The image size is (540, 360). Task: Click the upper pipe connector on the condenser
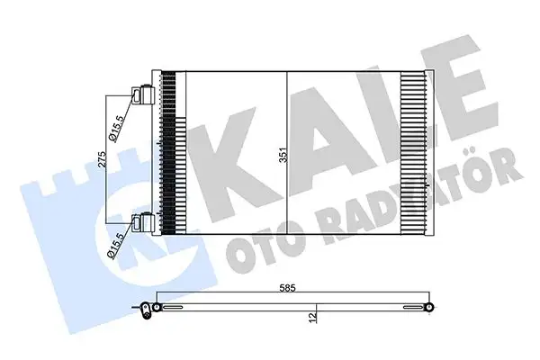pyautogui.click(x=142, y=94)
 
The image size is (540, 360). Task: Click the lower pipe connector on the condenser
pyautogui.click(x=142, y=221)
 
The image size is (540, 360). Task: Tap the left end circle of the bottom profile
pyautogui.click(x=157, y=308)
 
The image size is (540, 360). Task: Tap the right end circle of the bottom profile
pyautogui.click(x=431, y=308)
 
